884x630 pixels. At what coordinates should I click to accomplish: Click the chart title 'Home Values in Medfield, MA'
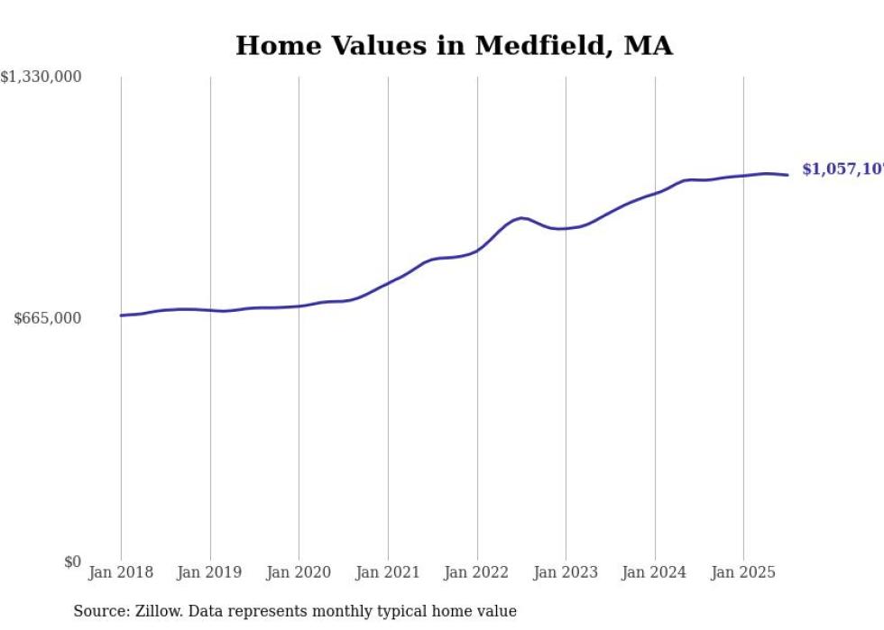tap(454, 46)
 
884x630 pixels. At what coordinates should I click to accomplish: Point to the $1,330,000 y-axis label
tap(41, 78)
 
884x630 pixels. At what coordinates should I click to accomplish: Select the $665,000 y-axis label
tap(47, 319)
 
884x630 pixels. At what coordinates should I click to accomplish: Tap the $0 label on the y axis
tap(72, 562)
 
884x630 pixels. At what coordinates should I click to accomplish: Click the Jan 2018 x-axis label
tap(121, 572)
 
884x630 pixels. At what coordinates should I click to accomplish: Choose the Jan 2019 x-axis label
tap(210, 572)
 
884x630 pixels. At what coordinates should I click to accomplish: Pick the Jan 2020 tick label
tap(299, 572)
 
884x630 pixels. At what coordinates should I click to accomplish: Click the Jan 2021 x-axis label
tap(388, 572)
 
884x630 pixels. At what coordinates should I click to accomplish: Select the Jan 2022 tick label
tap(477, 572)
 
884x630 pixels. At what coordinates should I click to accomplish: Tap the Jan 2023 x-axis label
tap(566, 572)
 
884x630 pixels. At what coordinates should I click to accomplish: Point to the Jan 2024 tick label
tap(655, 572)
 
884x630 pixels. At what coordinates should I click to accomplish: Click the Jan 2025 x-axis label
tap(743, 572)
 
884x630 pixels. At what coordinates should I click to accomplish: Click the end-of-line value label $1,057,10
tap(842, 169)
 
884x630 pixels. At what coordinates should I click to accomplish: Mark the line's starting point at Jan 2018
tap(121, 315)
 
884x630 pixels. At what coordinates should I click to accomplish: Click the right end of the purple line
tap(788, 175)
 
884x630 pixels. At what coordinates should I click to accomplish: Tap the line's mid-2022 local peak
tap(521, 218)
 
